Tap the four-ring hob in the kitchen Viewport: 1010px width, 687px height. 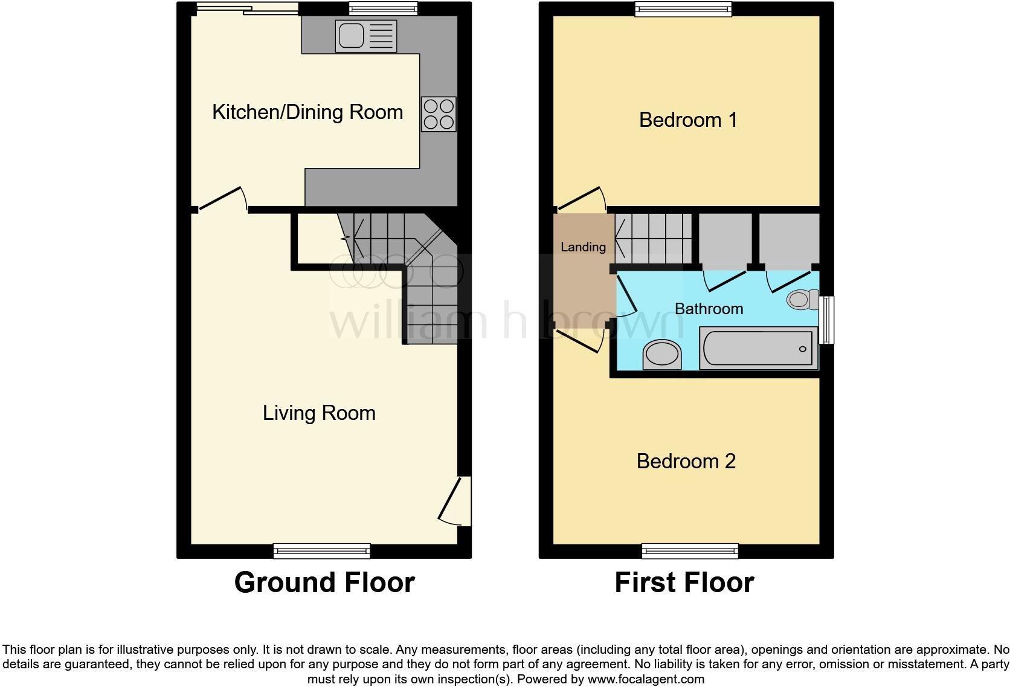(439, 114)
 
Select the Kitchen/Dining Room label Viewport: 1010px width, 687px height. (307, 112)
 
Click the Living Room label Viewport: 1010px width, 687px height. (319, 413)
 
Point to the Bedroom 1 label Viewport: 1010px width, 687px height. (688, 120)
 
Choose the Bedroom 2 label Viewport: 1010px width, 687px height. (686, 461)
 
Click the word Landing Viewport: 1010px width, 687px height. (583, 247)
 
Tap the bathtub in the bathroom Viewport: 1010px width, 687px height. (758, 348)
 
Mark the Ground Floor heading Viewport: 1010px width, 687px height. (324, 582)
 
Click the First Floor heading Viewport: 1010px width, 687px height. (684, 582)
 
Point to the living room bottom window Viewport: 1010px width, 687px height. (321, 550)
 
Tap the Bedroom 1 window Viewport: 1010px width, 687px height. (683, 8)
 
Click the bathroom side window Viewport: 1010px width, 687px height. (826, 320)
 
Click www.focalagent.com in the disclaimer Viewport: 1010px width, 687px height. (645, 679)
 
